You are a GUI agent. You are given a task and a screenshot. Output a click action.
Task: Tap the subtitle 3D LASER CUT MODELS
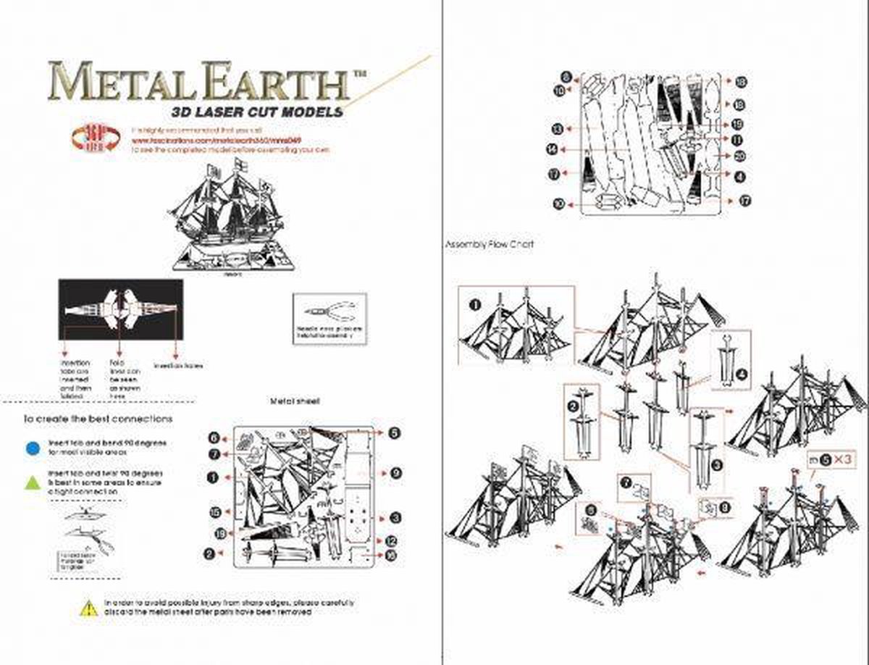click(x=254, y=112)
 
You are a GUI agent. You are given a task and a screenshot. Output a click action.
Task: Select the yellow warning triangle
click(x=88, y=608)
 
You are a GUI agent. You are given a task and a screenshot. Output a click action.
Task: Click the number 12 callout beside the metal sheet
click(x=390, y=540)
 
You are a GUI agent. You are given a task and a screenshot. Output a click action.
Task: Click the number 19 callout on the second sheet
click(x=738, y=125)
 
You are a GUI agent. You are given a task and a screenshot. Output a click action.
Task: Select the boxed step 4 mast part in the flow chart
click(x=731, y=360)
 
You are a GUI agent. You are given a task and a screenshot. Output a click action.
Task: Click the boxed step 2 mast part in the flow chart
click(x=581, y=420)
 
